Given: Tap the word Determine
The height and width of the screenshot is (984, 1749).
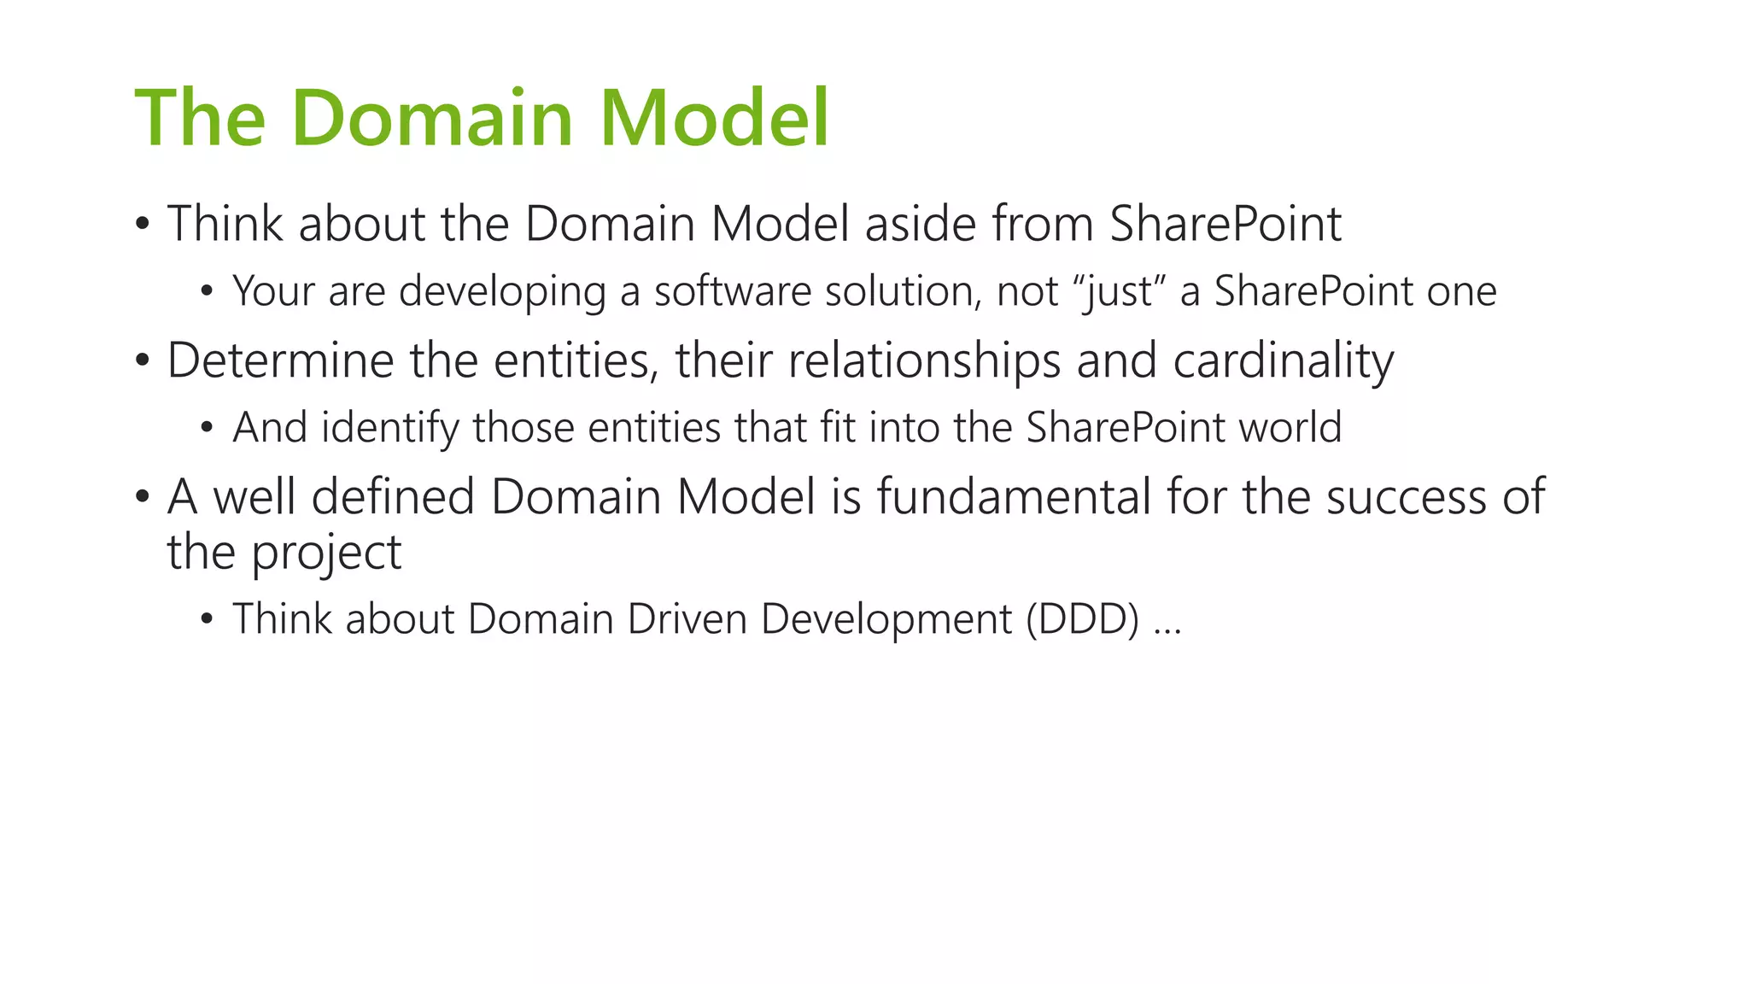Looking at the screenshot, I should (x=280, y=360).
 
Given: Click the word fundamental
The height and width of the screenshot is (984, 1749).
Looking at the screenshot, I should (x=1014, y=497).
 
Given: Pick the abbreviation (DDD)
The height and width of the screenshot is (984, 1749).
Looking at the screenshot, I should (x=1082, y=619).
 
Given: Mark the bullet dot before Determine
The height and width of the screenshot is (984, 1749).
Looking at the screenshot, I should (x=142, y=361).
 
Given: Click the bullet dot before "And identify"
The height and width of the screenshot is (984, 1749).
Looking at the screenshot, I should (x=206, y=428).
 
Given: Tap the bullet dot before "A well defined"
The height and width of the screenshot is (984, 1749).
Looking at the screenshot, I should (x=142, y=498).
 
